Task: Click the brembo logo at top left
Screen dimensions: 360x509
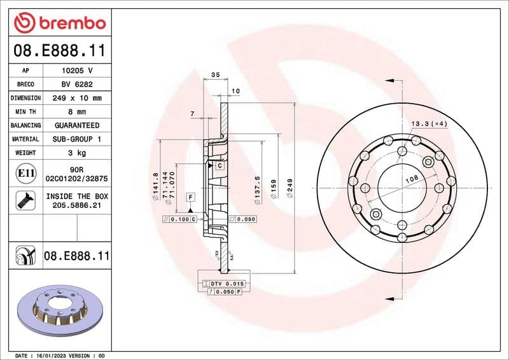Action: tap(59, 22)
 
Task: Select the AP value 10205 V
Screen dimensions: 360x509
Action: tap(77, 71)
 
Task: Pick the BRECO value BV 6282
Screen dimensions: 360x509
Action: tap(77, 85)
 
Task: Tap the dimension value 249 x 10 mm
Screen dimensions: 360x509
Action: tap(77, 99)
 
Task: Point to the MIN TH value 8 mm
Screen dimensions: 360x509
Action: tap(77, 112)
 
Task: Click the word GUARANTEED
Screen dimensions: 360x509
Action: tap(77, 125)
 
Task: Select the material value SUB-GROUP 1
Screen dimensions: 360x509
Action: tap(77, 139)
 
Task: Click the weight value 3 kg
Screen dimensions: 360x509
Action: tap(77, 153)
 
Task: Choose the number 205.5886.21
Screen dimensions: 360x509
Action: tap(77, 205)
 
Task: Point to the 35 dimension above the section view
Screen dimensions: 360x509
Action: tap(215, 75)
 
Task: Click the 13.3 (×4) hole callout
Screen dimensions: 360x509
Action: tap(430, 123)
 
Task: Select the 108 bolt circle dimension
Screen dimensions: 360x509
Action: tap(412, 180)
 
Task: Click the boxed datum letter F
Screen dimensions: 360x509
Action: tap(190, 197)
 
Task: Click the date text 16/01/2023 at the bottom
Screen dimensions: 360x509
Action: tap(51, 355)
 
